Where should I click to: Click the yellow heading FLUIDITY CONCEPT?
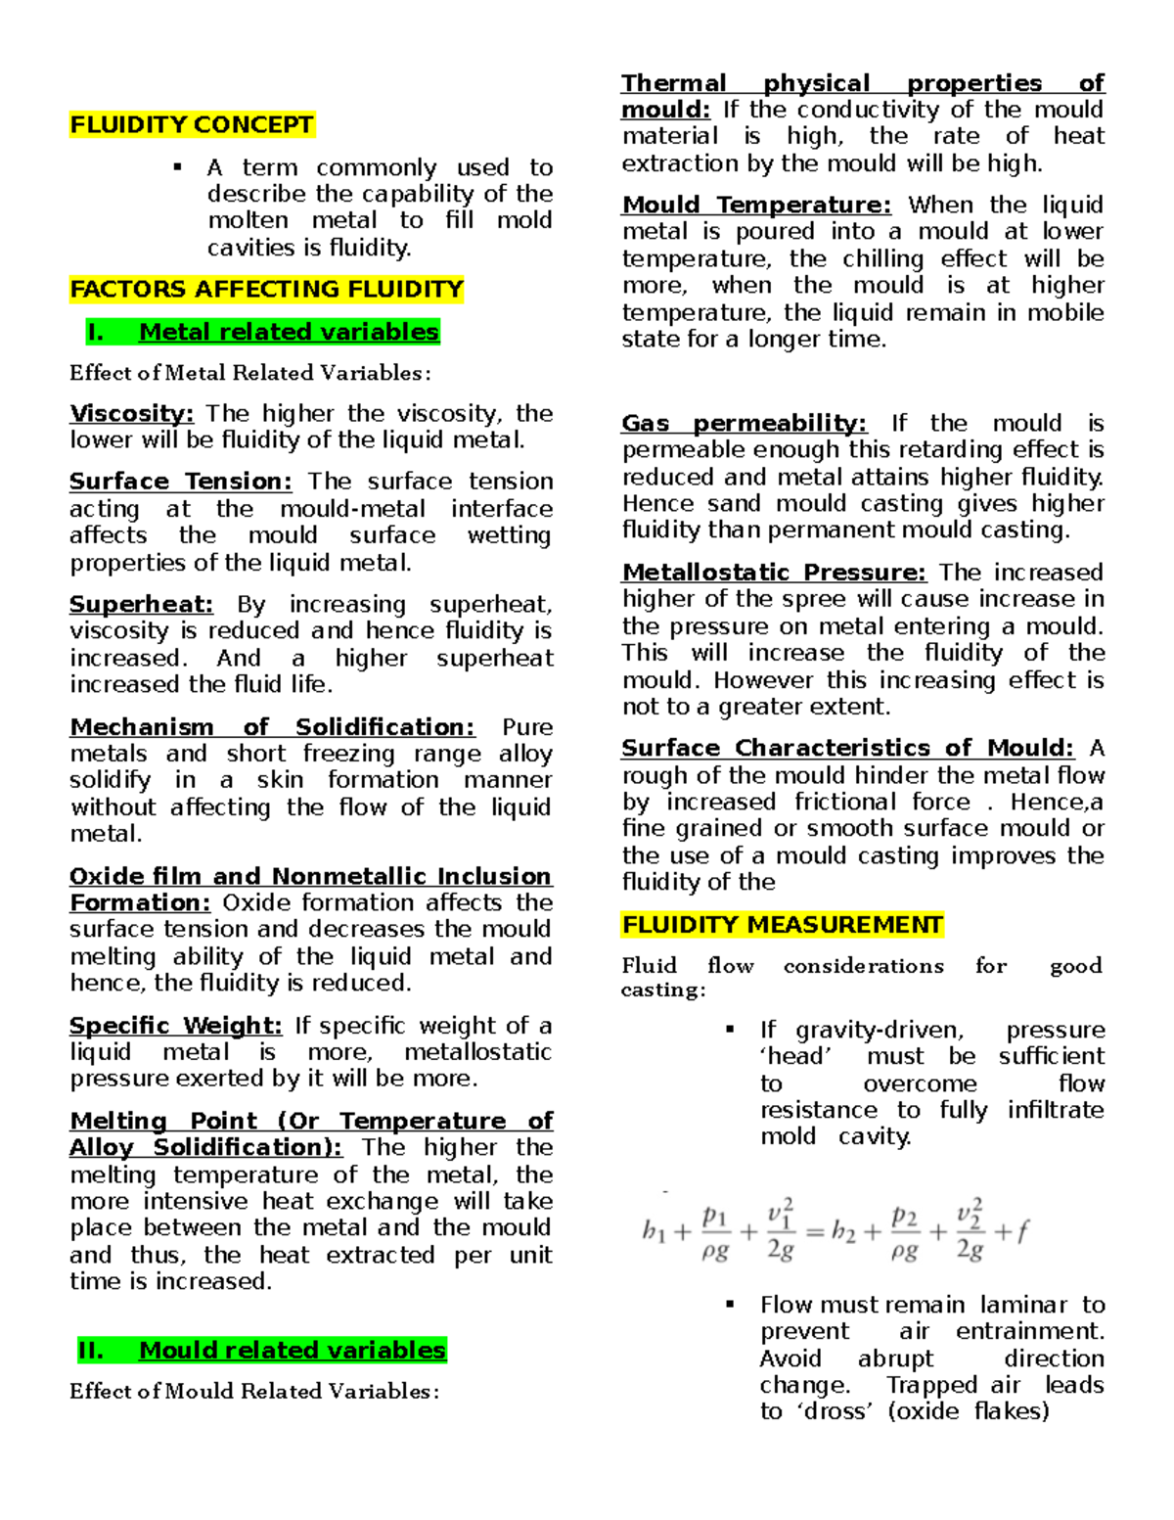tap(192, 125)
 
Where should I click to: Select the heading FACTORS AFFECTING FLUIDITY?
tap(266, 290)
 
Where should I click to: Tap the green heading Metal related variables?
tap(289, 333)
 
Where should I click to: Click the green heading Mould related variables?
tap(292, 1351)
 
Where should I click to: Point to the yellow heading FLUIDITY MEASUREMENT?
tap(782, 926)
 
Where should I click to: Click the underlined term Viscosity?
tap(131, 414)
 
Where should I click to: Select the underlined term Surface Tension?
tap(180, 482)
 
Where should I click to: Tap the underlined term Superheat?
tap(141, 605)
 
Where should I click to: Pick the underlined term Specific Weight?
tap(175, 1026)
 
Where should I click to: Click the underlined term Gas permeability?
tap(744, 424)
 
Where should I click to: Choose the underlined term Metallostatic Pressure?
tap(774, 573)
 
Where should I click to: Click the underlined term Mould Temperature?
tap(756, 206)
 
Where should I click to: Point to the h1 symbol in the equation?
tap(654, 1231)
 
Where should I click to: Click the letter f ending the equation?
tap(1022, 1231)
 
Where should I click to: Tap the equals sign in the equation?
tap(814, 1232)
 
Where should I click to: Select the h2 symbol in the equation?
tap(843, 1231)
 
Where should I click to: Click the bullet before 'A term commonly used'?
tap(178, 167)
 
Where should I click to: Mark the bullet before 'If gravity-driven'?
tap(730, 1030)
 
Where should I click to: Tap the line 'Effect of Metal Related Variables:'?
tap(249, 373)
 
